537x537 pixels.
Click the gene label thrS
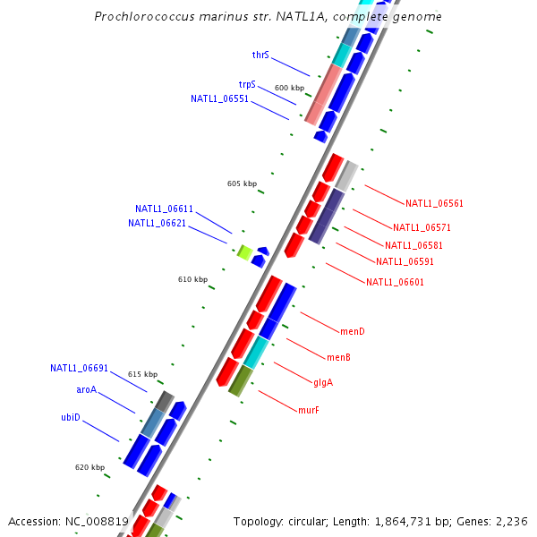[x=260, y=55]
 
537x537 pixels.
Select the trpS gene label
[x=247, y=84]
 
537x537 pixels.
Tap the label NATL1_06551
[x=219, y=98]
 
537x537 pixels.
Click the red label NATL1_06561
[x=434, y=203]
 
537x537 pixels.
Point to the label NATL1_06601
[x=395, y=282]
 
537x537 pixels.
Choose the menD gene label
[x=353, y=331]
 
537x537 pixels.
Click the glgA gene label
[x=323, y=382]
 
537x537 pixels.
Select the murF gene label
[x=309, y=410]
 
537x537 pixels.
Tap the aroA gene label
[x=86, y=389]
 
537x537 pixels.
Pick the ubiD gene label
[x=71, y=417]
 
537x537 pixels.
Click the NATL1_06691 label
[x=79, y=368]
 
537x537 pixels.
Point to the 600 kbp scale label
[x=289, y=88]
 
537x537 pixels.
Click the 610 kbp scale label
[x=192, y=279]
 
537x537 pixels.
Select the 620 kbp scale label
[x=89, y=467]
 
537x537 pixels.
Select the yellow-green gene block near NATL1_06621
[x=243, y=252]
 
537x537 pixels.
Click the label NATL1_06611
[x=164, y=209]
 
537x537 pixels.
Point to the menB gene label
[x=338, y=357]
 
